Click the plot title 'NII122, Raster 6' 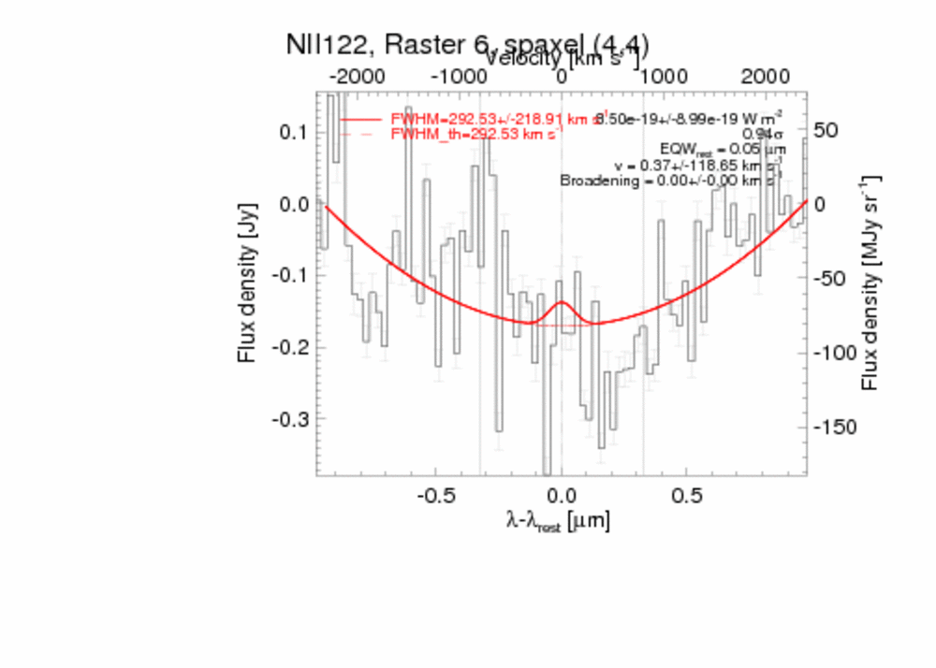click(x=468, y=46)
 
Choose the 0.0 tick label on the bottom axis click(x=561, y=493)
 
